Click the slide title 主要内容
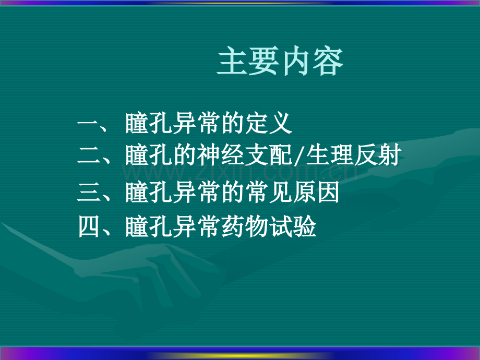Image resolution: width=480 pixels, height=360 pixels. (x=280, y=63)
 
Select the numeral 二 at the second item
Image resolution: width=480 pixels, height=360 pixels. (x=87, y=157)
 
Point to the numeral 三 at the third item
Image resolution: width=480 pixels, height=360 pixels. (x=87, y=194)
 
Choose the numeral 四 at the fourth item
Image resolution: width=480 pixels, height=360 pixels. (x=87, y=227)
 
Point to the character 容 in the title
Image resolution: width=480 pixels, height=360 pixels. (x=328, y=63)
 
